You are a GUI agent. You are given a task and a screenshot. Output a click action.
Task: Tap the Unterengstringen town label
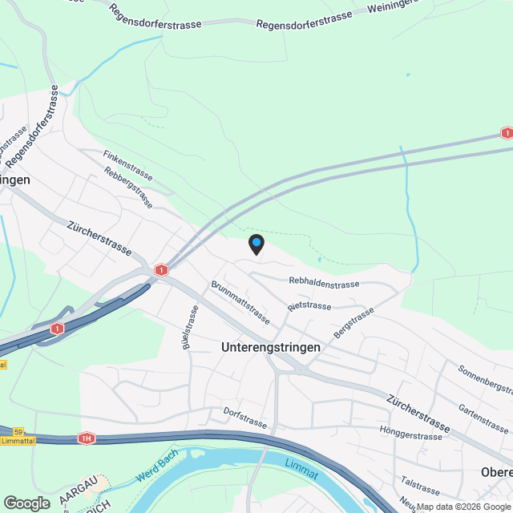point(271,348)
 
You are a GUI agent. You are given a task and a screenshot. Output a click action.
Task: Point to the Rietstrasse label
point(309,306)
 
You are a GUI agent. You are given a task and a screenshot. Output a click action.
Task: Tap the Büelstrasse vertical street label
point(189,327)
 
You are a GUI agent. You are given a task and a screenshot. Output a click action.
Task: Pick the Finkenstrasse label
point(127,160)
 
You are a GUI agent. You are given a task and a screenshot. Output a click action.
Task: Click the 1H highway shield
point(86,438)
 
